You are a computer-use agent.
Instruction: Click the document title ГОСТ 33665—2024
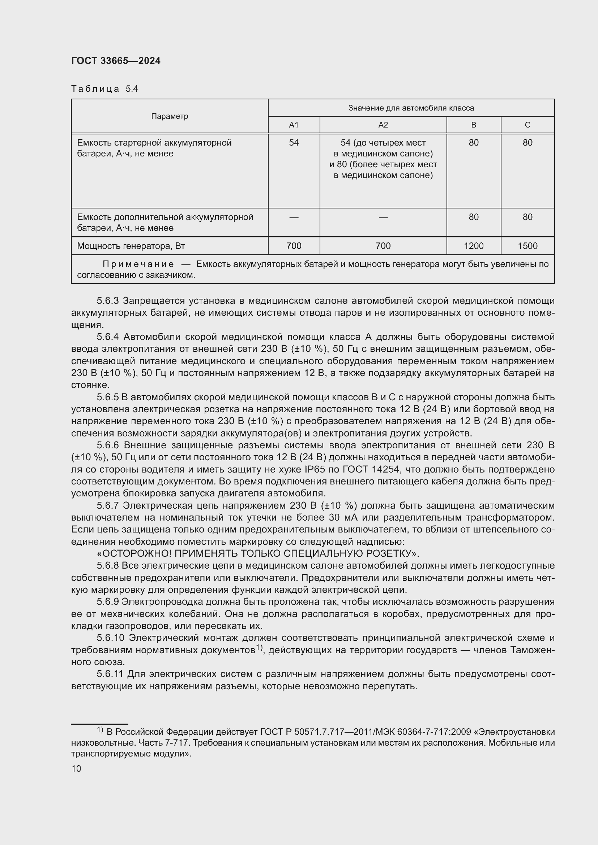pyautogui.click(x=116, y=61)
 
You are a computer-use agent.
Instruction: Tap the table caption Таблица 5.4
pyautogui.click(x=104, y=89)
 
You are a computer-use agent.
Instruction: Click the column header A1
pyautogui.click(x=294, y=125)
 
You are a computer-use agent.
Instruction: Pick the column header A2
pyautogui.click(x=383, y=125)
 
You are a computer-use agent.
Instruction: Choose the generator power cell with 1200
pyautogui.click(x=474, y=246)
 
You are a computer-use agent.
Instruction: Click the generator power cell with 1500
pyautogui.click(x=527, y=246)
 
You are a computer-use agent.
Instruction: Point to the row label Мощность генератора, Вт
pyautogui.click(x=131, y=246)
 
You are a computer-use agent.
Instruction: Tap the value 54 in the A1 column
pyautogui.click(x=294, y=143)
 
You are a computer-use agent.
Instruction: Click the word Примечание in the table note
pyautogui.click(x=138, y=264)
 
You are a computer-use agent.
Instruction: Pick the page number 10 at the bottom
pyautogui.click(x=76, y=768)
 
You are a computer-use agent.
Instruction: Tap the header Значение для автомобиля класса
pyautogui.click(x=411, y=108)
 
